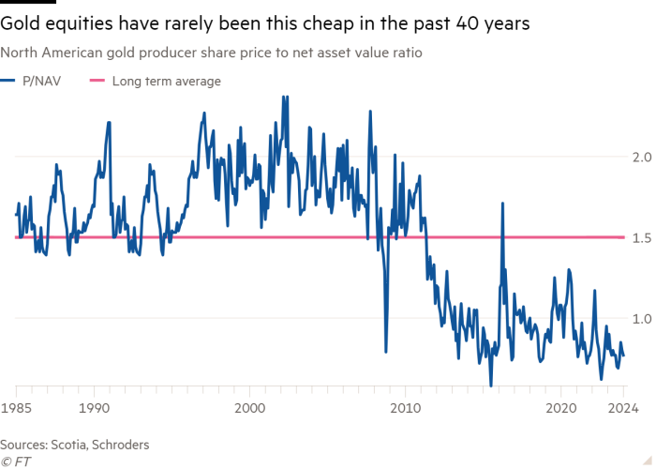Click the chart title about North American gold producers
(211, 54)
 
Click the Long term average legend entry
(166, 82)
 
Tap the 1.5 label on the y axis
(640, 237)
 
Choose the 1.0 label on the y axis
(640, 319)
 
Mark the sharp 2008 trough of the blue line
(385, 352)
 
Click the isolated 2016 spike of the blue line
(503, 204)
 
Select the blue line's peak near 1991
(108, 123)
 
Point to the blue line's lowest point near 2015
(490, 385)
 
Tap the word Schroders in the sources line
(119, 444)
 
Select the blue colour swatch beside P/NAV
(7, 82)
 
